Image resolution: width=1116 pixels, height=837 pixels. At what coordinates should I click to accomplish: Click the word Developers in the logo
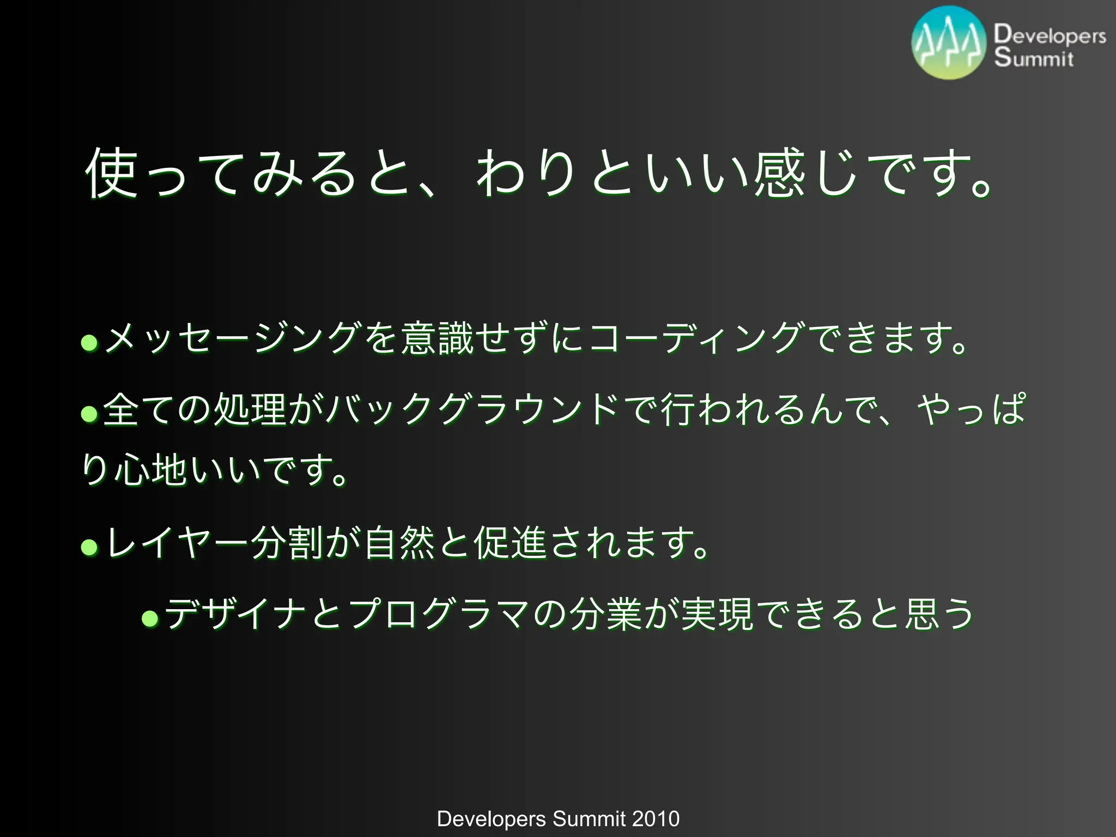[1050, 35]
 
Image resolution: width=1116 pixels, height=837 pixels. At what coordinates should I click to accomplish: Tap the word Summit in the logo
[1033, 58]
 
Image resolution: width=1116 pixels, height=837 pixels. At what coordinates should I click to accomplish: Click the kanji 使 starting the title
[111, 174]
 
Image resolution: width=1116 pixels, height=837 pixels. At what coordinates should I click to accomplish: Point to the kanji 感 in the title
[780, 174]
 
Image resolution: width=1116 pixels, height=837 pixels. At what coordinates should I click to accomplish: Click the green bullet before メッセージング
[89, 343]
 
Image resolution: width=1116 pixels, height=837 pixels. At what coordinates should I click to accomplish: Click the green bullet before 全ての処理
[89, 414]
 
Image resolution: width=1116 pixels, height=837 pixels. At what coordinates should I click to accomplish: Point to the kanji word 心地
[150, 470]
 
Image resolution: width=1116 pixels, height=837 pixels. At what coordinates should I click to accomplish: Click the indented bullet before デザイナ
[150, 618]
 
